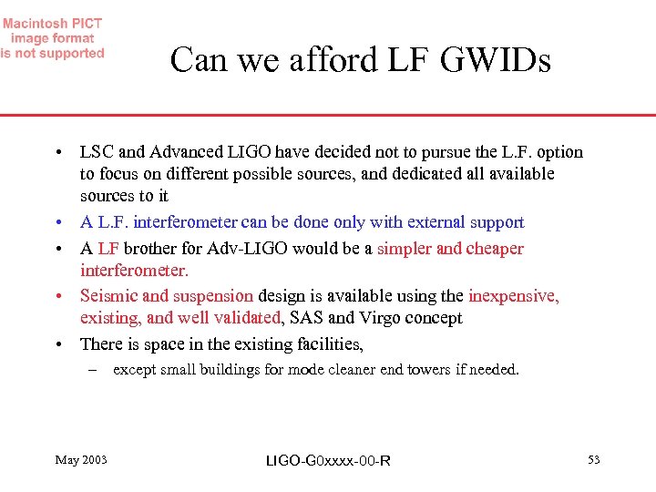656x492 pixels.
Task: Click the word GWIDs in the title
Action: click(496, 60)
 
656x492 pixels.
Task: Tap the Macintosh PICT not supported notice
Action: click(53, 38)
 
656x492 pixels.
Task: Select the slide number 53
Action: click(593, 460)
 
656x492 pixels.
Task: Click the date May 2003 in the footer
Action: click(81, 460)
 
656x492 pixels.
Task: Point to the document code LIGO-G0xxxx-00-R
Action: click(328, 461)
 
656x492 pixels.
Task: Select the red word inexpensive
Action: click(513, 296)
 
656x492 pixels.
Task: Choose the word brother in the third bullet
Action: click(151, 249)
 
